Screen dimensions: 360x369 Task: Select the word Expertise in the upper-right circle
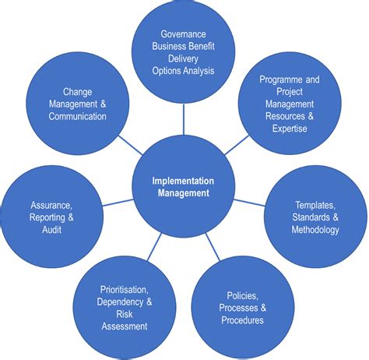point(289,128)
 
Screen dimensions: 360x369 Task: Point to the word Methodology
point(315,230)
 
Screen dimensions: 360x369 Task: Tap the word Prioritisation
point(125,290)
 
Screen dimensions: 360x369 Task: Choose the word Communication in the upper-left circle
point(77,116)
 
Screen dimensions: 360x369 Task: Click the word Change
point(78,92)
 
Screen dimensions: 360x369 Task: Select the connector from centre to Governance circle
point(184,117)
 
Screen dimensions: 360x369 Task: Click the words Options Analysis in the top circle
point(184,72)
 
